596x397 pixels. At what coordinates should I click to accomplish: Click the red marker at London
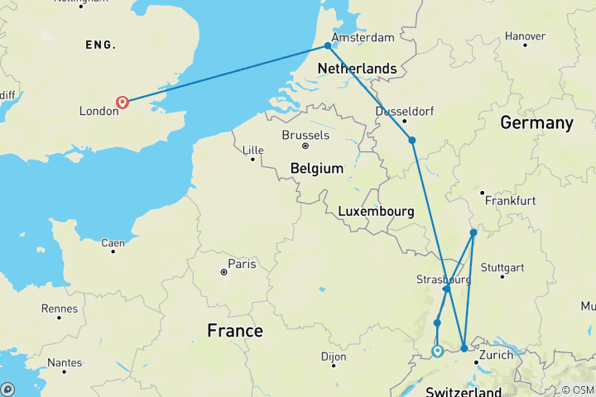click(x=123, y=103)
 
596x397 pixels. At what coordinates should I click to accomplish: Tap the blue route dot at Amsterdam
click(x=328, y=45)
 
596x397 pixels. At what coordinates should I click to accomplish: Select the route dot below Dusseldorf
click(x=411, y=140)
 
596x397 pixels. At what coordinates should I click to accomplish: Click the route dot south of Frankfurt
click(x=473, y=232)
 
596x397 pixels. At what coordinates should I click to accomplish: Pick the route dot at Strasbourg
click(x=446, y=289)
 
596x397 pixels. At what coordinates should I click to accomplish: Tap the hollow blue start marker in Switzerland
click(x=437, y=352)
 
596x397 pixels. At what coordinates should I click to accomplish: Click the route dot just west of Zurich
click(x=464, y=348)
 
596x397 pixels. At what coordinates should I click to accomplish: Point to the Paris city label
click(x=242, y=265)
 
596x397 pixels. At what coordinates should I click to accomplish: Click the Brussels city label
click(x=305, y=136)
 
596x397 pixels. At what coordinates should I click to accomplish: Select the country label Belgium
click(x=316, y=169)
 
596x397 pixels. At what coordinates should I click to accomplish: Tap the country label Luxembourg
click(x=376, y=212)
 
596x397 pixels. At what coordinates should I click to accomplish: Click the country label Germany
click(x=536, y=123)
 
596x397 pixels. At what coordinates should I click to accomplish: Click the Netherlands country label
click(x=358, y=67)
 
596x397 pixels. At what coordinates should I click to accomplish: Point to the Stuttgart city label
click(x=502, y=267)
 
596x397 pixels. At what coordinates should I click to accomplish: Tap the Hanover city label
click(x=525, y=36)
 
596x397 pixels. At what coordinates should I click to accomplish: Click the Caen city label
click(x=113, y=243)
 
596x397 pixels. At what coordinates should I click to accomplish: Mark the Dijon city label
click(x=333, y=356)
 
